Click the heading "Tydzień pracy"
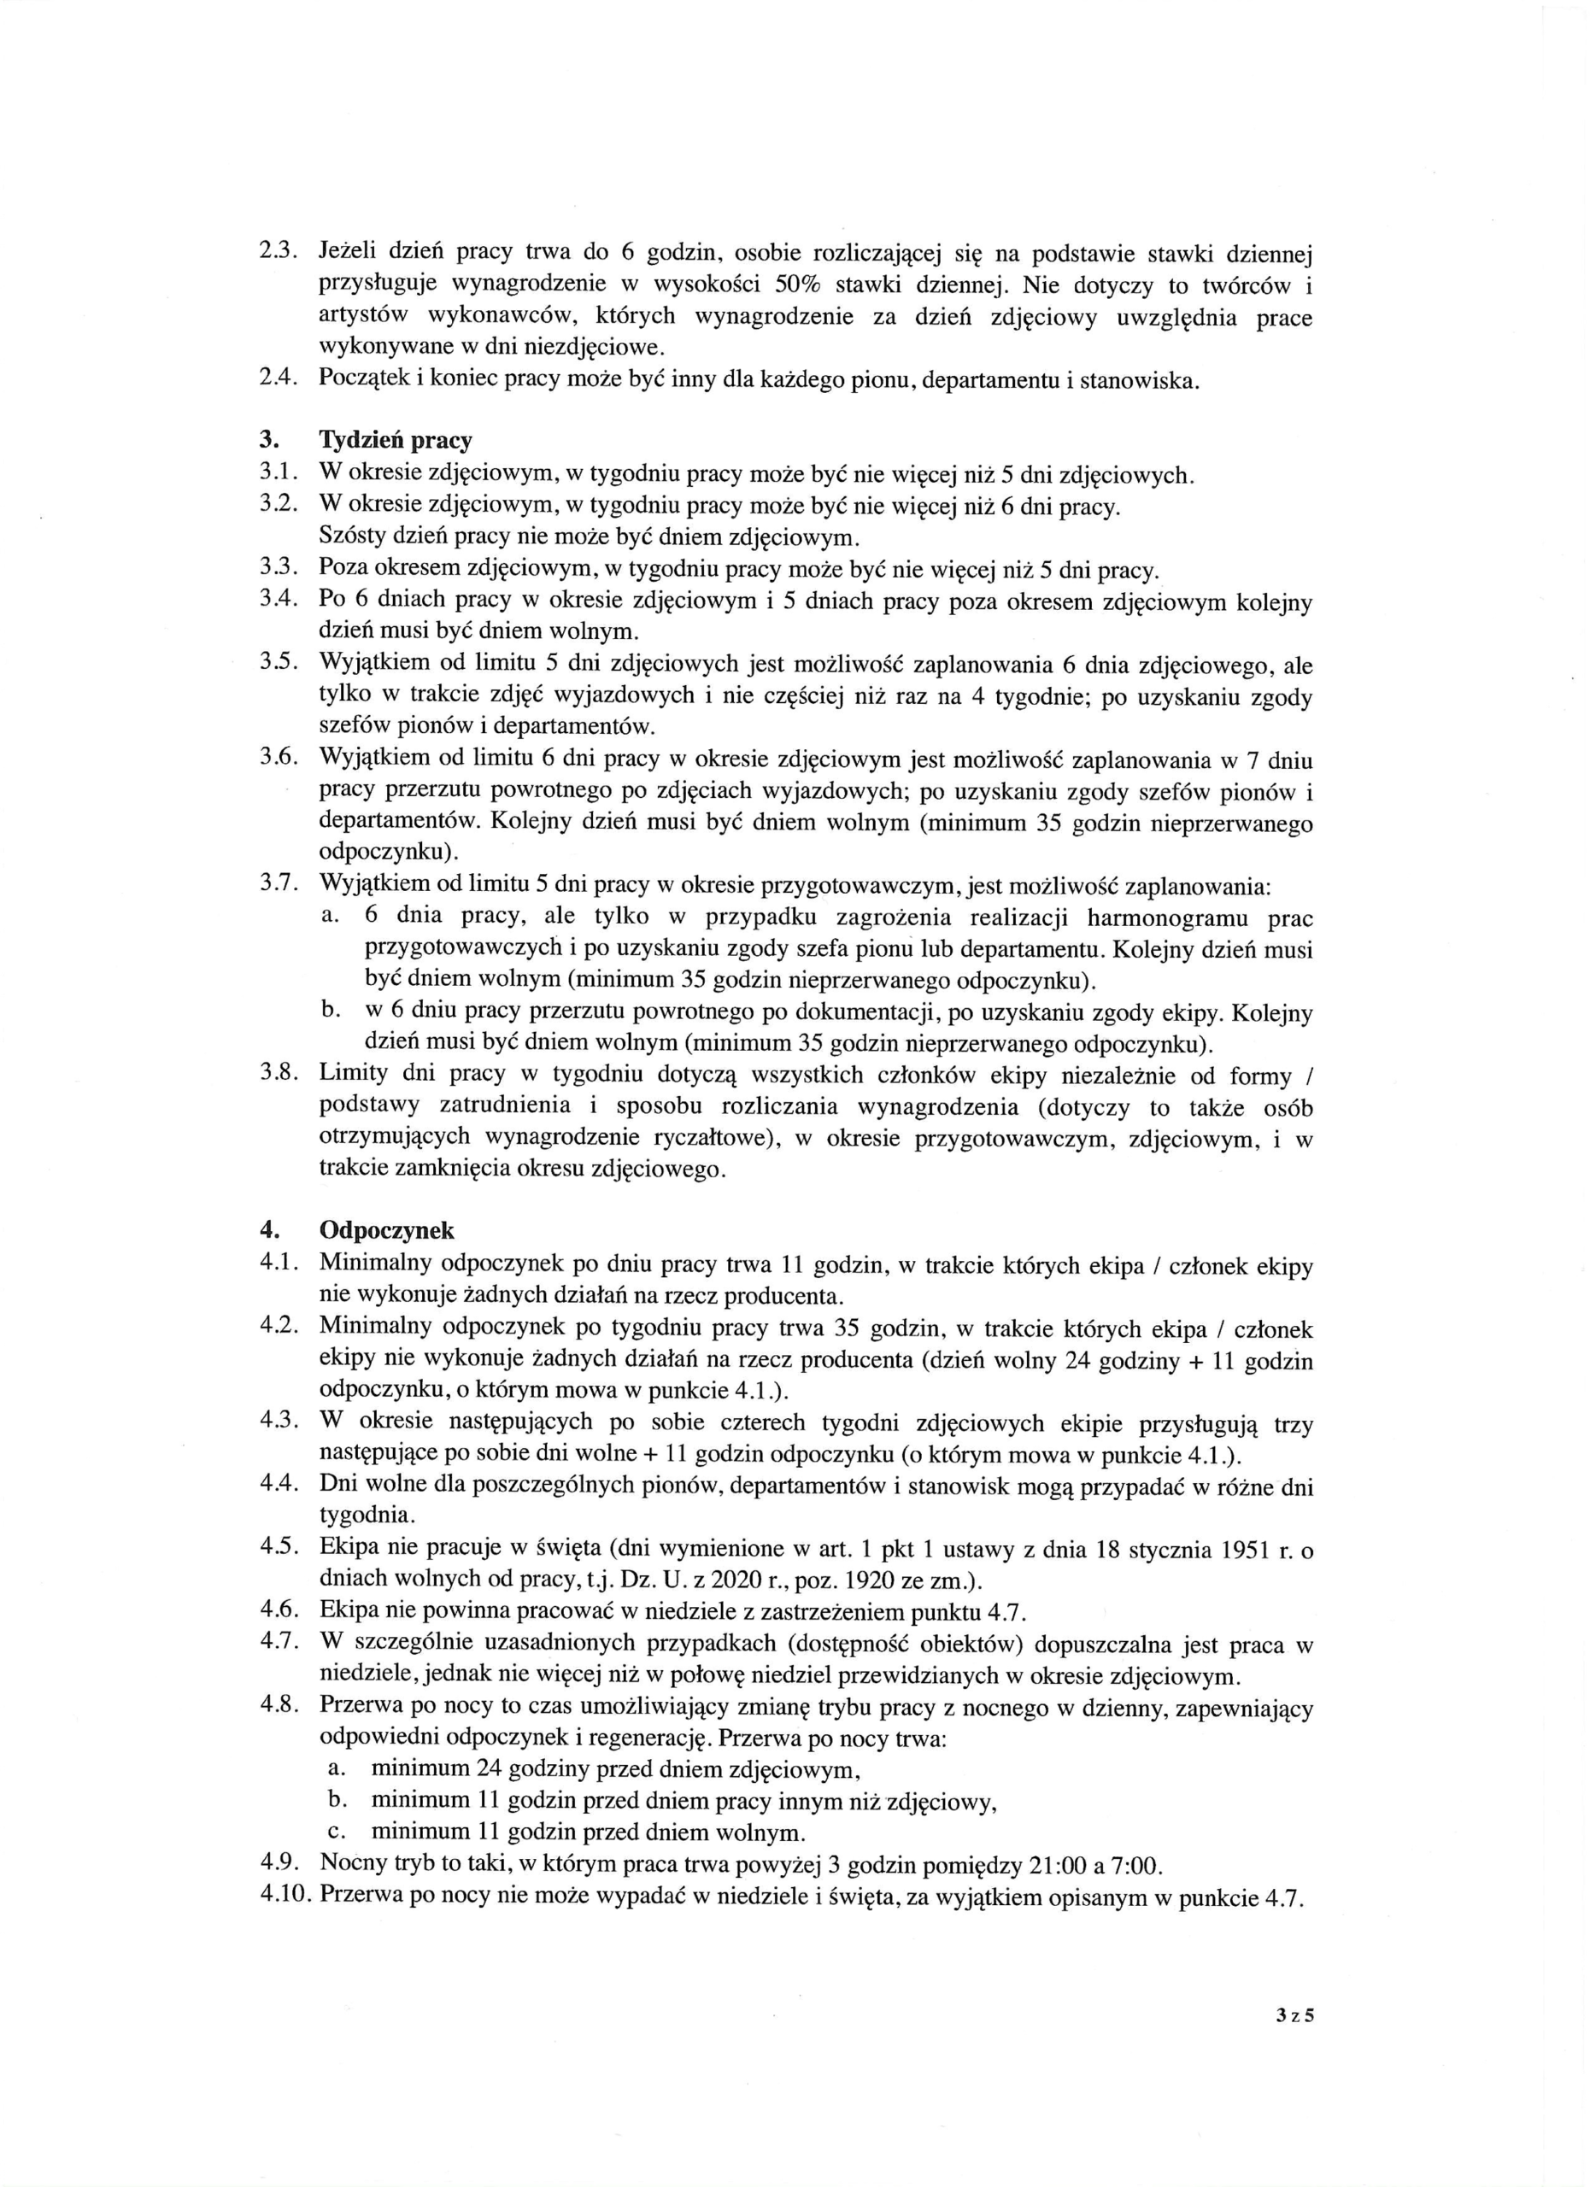point(396,441)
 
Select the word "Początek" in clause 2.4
point(361,379)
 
